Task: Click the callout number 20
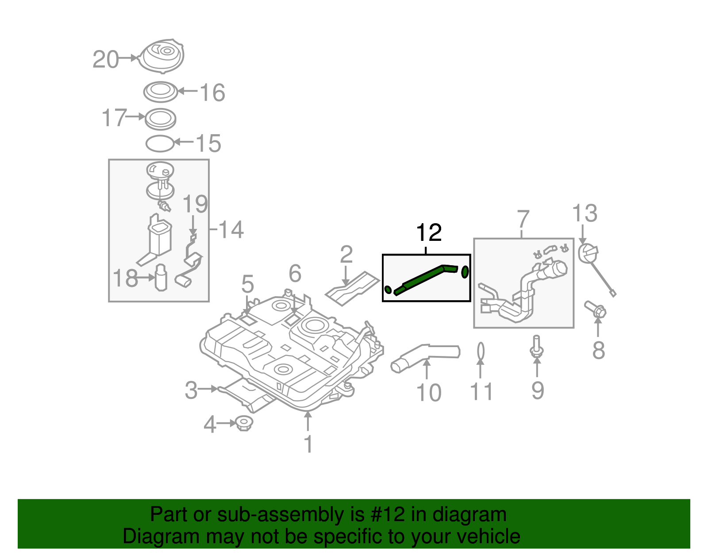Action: [x=106, y=59]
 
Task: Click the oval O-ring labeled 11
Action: [x=481, y=351]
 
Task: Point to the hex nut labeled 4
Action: [x=243, y=424]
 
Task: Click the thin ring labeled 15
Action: [x=160, y=143]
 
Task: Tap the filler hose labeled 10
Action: [x=425, y=355]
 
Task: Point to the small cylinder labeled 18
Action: [x=161, y=278]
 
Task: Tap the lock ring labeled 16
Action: [x=160, y=92]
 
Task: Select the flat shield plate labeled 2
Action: [x=353, y=288]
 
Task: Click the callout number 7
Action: [x=523, y=219]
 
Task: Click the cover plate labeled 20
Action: [x=162, y=56]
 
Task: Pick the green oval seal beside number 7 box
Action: [x=465, y=272]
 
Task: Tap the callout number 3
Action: [x=191, y=390]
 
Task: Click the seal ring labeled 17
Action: [x=160, y=119]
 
